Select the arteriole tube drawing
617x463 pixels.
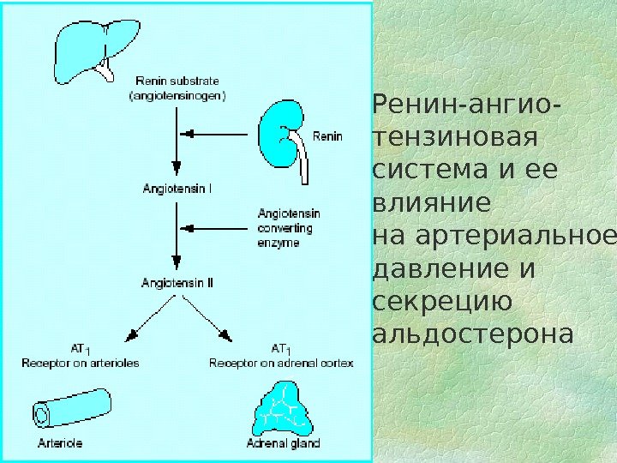72,406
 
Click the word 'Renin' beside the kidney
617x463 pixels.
327,135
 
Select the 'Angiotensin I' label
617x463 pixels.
177,184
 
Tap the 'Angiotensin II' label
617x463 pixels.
177,280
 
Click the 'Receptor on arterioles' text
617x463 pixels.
81,363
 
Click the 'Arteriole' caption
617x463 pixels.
60,443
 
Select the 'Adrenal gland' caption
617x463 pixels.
283,443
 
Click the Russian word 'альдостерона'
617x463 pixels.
472,334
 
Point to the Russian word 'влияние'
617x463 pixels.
433,204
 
